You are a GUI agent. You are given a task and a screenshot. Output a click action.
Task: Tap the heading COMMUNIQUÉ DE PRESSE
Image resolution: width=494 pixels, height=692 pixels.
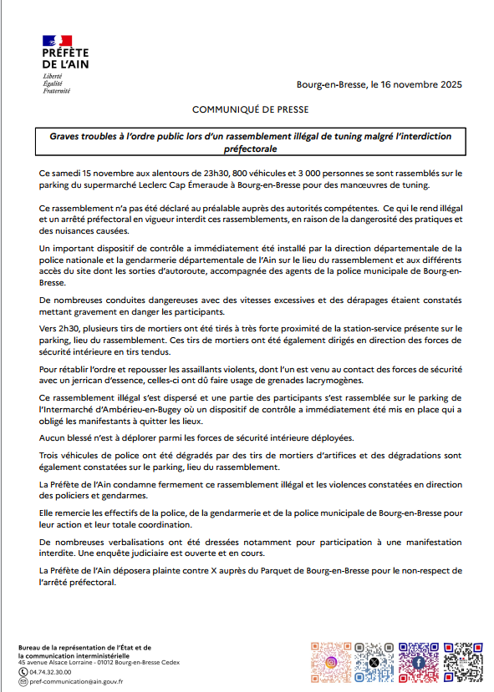tap(251, 109)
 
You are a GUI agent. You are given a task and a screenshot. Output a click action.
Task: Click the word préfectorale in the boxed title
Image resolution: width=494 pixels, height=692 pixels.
tap(251, 148)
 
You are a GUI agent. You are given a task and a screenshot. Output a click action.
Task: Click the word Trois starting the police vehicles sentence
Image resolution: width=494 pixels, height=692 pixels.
tap(52, 456)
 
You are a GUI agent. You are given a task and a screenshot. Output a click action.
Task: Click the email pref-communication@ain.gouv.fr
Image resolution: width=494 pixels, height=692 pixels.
tap(75, 681)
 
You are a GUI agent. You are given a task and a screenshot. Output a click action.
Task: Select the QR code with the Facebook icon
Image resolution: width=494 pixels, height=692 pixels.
tap(418, 662)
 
